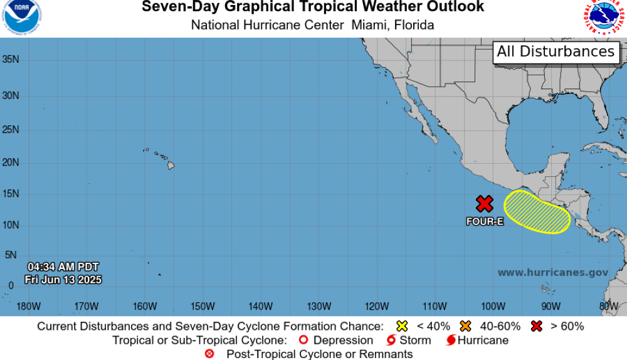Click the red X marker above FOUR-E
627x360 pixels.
tap(484, 204)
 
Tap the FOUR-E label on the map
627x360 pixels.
tap(485, 221)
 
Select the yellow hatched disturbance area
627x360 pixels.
tap(537, 211)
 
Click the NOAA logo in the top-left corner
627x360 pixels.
tap(21, 18)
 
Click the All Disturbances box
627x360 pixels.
tap(556, 51)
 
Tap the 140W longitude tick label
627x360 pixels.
tap(260, 306)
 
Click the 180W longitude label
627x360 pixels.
tap(29, 306)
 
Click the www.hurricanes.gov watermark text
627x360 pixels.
tap(553, 273)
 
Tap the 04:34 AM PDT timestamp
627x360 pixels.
tap(63, 267)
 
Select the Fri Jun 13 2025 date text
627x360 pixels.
tap(63, 280)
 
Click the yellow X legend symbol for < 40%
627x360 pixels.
tap(402, 326)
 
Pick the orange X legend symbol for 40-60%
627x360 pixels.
tap(465, 326)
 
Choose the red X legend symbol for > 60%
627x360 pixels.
tap(536, 326)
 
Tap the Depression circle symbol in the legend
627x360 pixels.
tap(304, 341)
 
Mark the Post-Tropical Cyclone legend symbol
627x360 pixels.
tap(209, 354)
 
